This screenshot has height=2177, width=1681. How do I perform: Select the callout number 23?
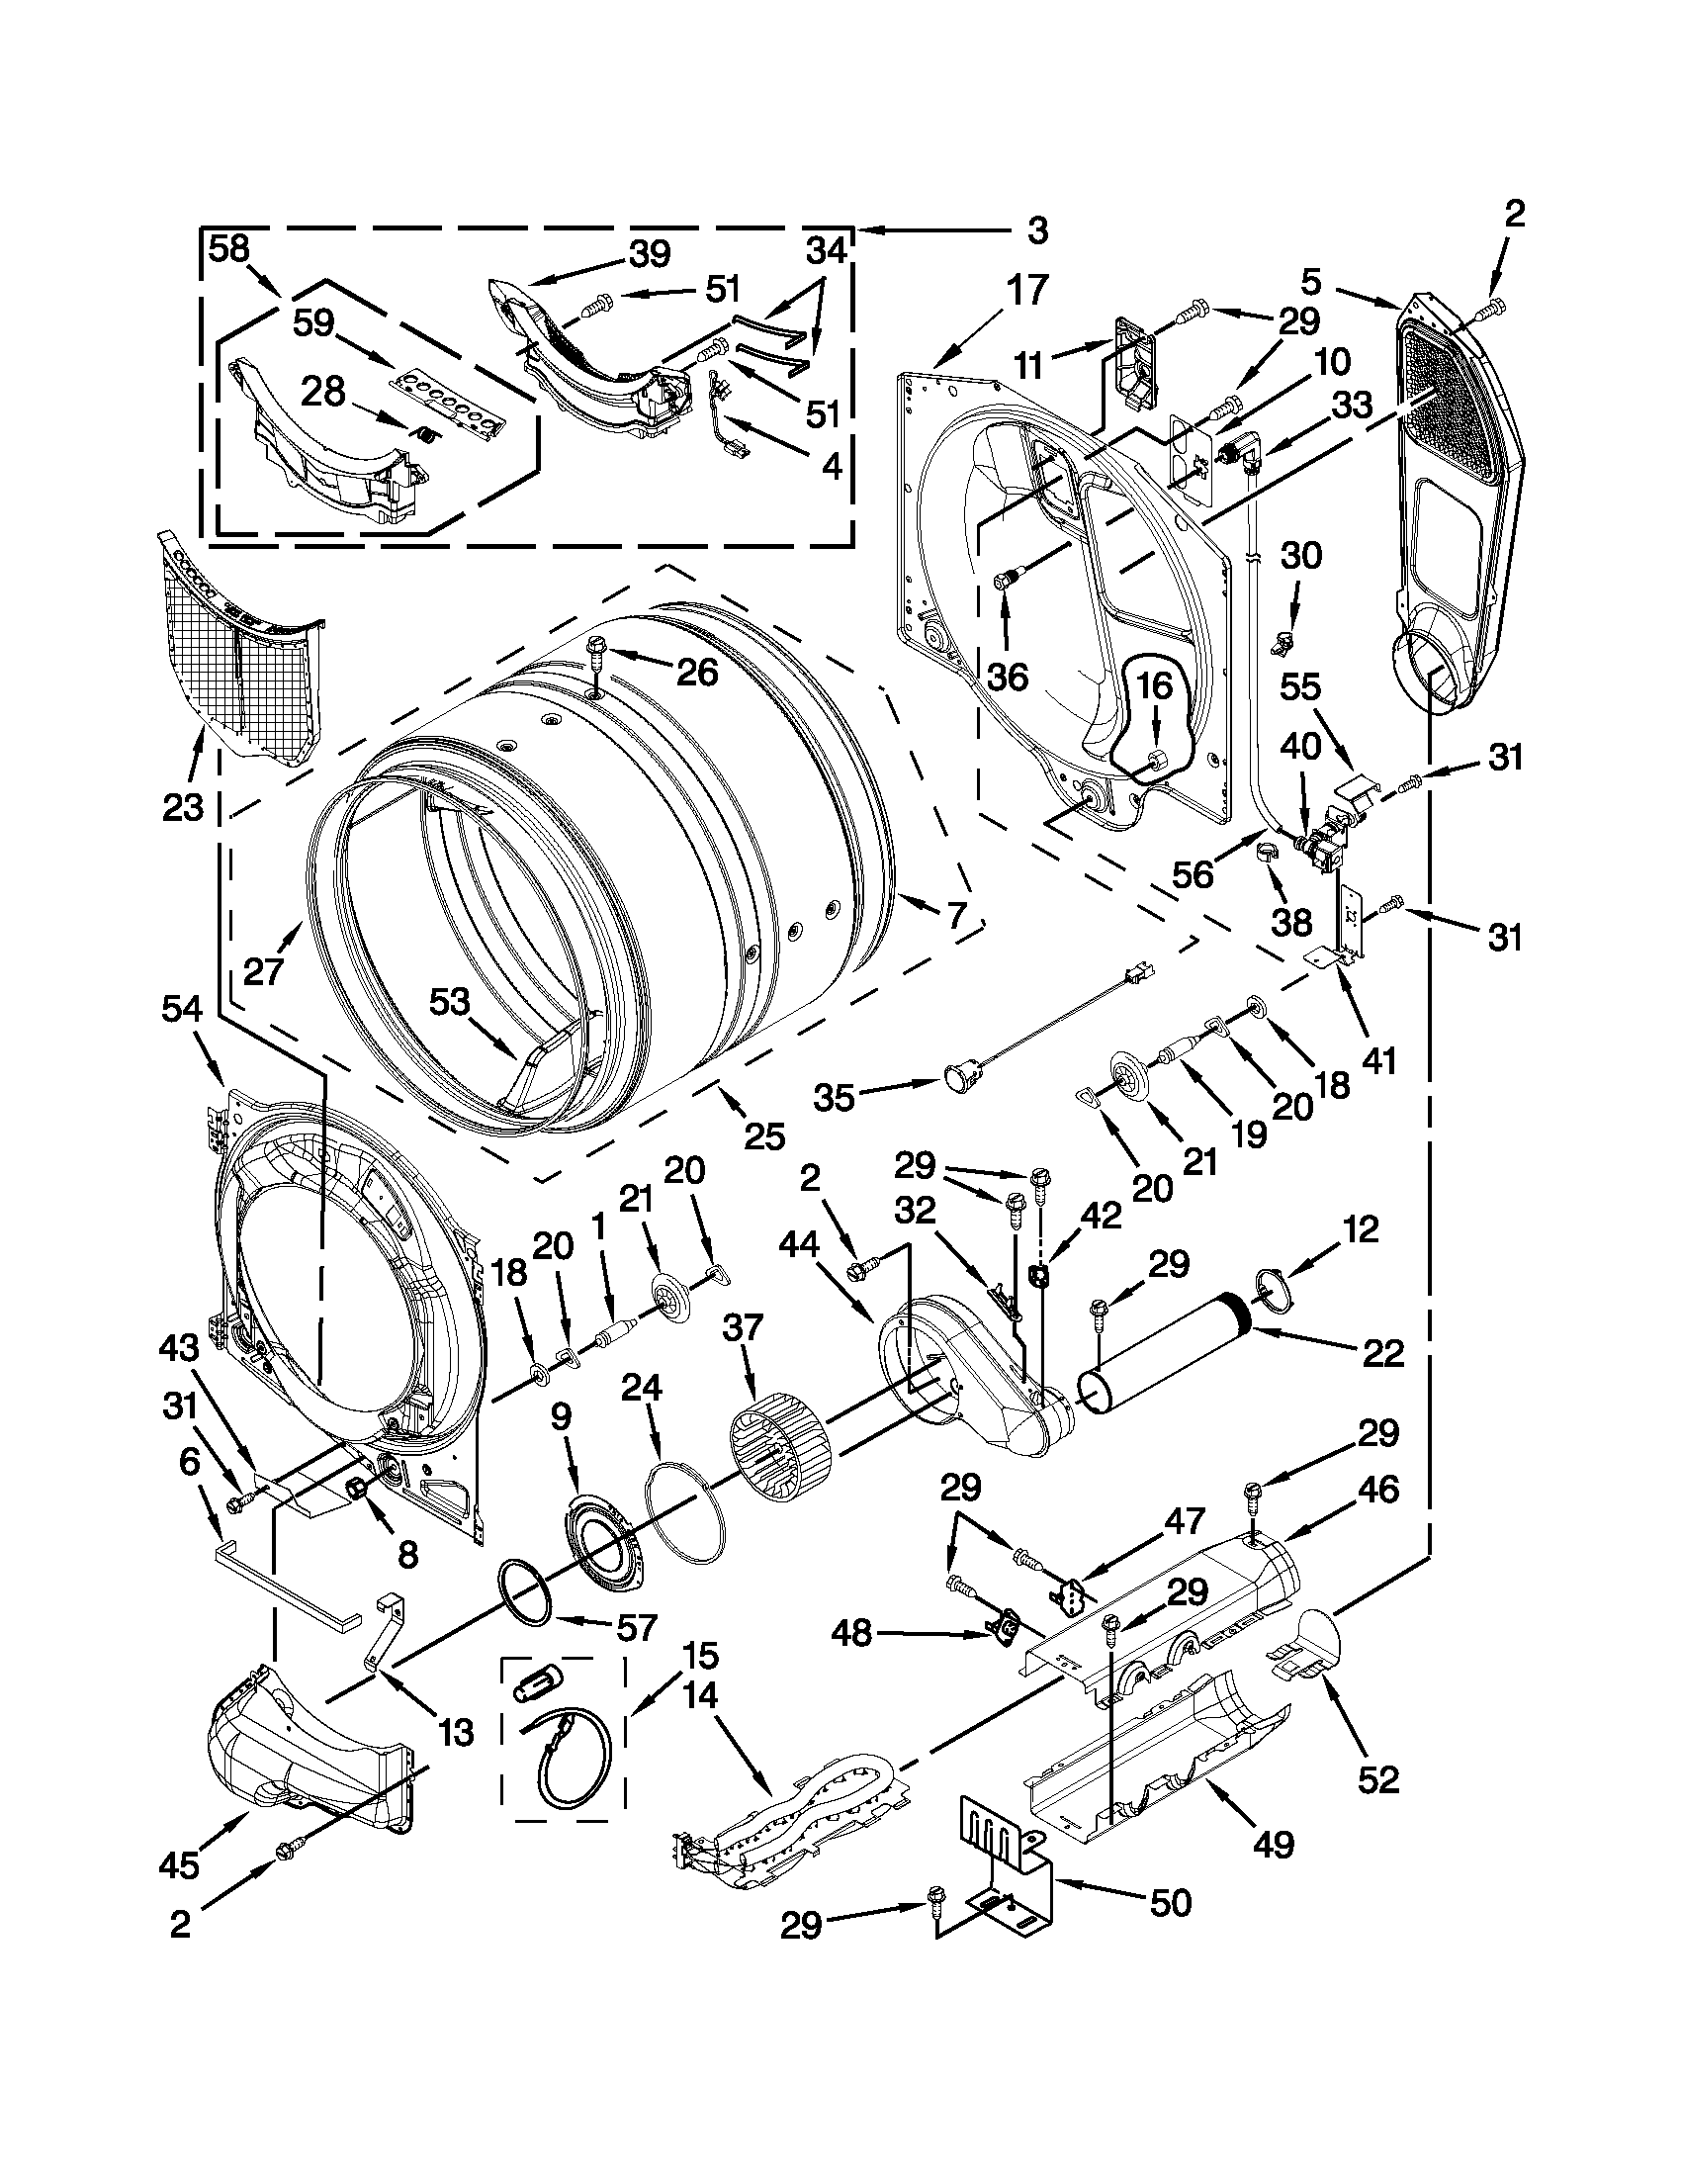coord(183,805)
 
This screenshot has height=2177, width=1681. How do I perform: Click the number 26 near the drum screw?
coord(696,673)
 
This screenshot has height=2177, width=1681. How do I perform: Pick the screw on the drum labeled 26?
coord(598,653)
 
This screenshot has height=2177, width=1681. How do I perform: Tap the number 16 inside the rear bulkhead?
coord(1156,687)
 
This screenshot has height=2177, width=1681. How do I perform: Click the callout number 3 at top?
coord(1036,231)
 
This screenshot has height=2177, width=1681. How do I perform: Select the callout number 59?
coord(313,323)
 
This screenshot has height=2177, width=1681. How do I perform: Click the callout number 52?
coord(1378,1779)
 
